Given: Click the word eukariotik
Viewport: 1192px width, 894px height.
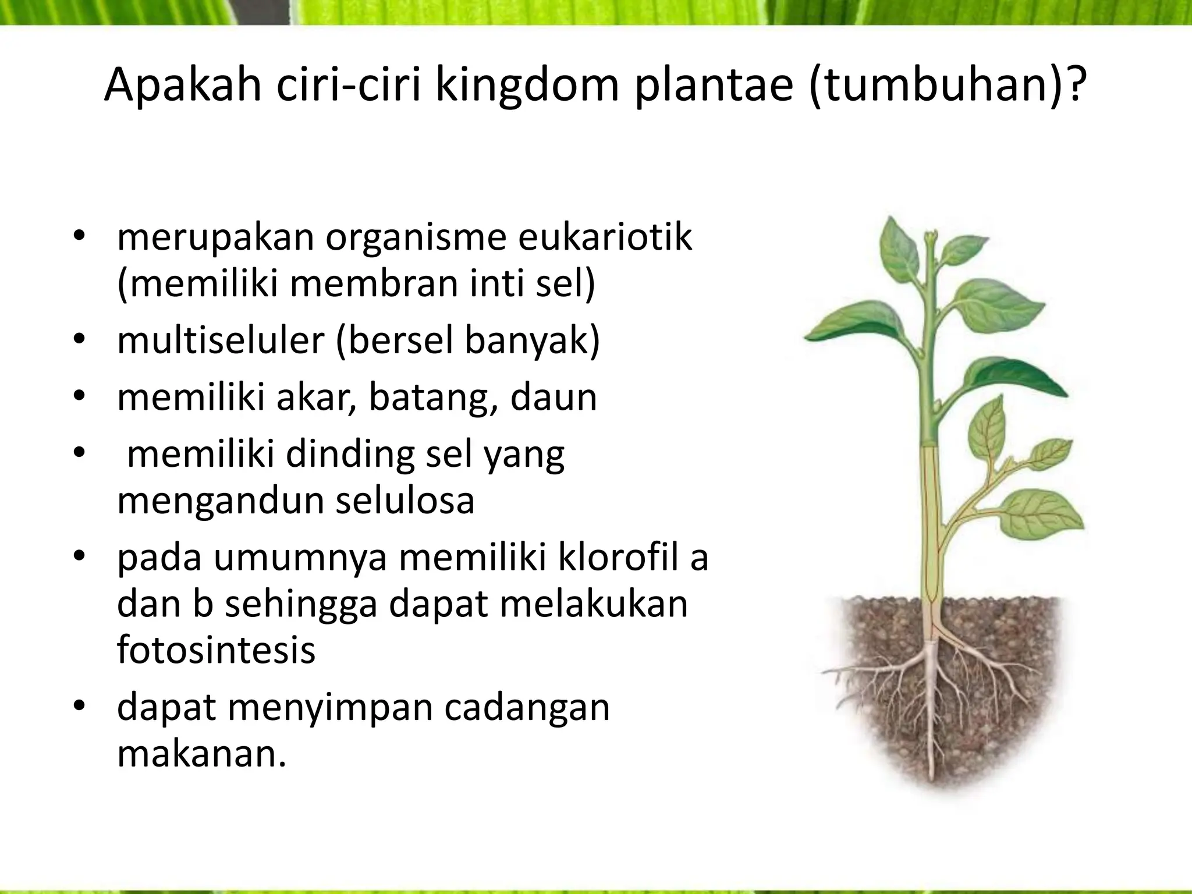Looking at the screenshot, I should (605, 238).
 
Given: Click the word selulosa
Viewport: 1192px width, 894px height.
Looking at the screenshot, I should (405, 501).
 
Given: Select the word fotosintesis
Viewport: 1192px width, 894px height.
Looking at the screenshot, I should (216, 650).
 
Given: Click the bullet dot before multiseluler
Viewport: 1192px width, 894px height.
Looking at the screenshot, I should (79, 340).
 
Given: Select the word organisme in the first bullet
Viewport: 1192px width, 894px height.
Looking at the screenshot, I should (416, 238).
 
